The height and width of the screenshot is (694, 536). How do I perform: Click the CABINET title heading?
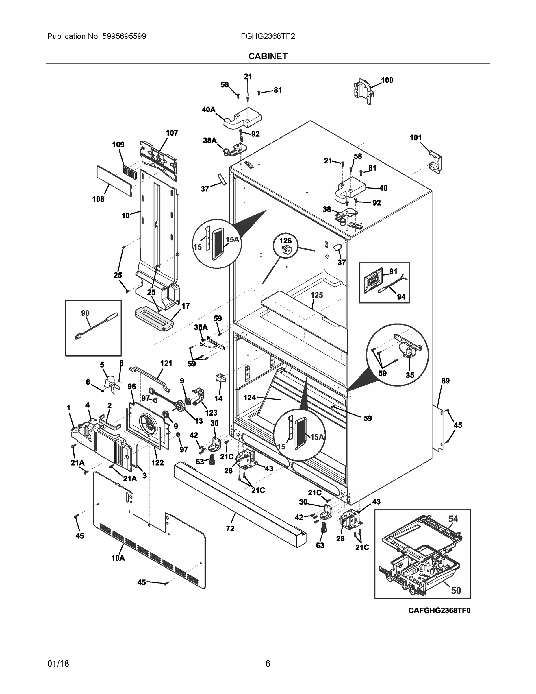[x=268, y=56]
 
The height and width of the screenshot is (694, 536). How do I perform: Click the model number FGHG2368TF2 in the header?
[x=268, y=36]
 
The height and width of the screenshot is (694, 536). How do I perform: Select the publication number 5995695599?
[x=124, y=36]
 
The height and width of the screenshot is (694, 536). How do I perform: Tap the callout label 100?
[x=387, y=80]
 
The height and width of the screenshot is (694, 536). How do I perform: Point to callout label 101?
[x=415, y=138]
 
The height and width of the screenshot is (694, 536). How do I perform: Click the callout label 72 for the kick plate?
[x=230, y=528]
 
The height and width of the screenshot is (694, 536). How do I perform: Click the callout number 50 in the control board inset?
[x=456, y=591]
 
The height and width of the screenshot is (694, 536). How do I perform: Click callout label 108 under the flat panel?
[x=98, y=199]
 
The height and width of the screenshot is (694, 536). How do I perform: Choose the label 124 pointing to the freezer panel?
[x=250, y=398]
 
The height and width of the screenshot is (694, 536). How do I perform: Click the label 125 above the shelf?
[x=317, y=295]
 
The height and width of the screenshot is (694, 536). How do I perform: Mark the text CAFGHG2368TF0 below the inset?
[x=439, y=610]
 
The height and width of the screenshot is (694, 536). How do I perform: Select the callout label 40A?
[x=208, y=110]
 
